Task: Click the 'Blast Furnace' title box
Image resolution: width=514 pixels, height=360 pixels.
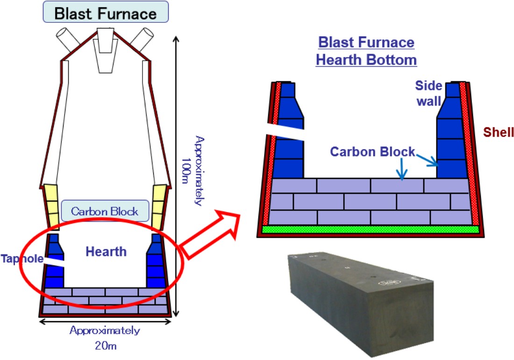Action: coord(105,13)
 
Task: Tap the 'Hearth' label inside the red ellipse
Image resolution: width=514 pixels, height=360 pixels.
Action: coord(106,252)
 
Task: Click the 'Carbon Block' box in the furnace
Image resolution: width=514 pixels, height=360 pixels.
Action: coord(105,212)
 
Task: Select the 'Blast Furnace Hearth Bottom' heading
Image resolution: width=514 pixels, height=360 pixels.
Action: coord(366,51)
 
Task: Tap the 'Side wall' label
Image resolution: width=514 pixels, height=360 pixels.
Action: coord(428,93)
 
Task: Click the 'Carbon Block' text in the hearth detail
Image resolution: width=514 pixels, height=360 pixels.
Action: coord(372,152)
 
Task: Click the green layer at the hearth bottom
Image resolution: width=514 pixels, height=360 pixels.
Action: coord(371,229)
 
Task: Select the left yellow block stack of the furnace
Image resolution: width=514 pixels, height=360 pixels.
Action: coord(50,205)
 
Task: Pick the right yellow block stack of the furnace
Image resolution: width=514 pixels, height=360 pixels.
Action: coord(159,205)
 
